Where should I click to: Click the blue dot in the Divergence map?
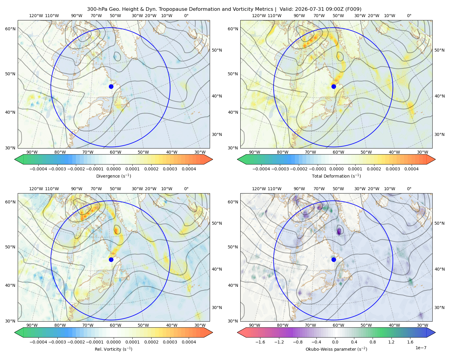coord(111,87)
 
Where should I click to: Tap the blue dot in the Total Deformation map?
coord(334,87)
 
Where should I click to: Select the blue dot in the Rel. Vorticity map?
coord(111,259)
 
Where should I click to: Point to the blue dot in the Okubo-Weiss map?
coord(334,259)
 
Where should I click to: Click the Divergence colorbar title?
coord(113,176)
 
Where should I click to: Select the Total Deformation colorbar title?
coord(336,176)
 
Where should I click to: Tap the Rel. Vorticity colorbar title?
coord(113,349)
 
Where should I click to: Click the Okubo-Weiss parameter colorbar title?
coord(336,349)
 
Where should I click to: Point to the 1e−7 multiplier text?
coord(421,348)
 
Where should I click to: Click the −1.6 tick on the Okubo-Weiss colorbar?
coord(260,342)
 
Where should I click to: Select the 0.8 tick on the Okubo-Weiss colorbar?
coord(373,342)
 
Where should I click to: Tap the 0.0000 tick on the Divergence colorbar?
coord(113,169)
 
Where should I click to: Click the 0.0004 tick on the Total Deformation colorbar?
coord(412,169)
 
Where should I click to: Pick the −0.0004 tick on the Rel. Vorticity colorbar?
coord(38,342)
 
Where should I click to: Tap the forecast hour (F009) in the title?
coord(353,9)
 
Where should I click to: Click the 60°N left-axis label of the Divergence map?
coord(10,29)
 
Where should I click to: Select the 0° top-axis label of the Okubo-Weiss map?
coord(409,189)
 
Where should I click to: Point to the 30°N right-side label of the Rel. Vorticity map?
coord(217,307)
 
